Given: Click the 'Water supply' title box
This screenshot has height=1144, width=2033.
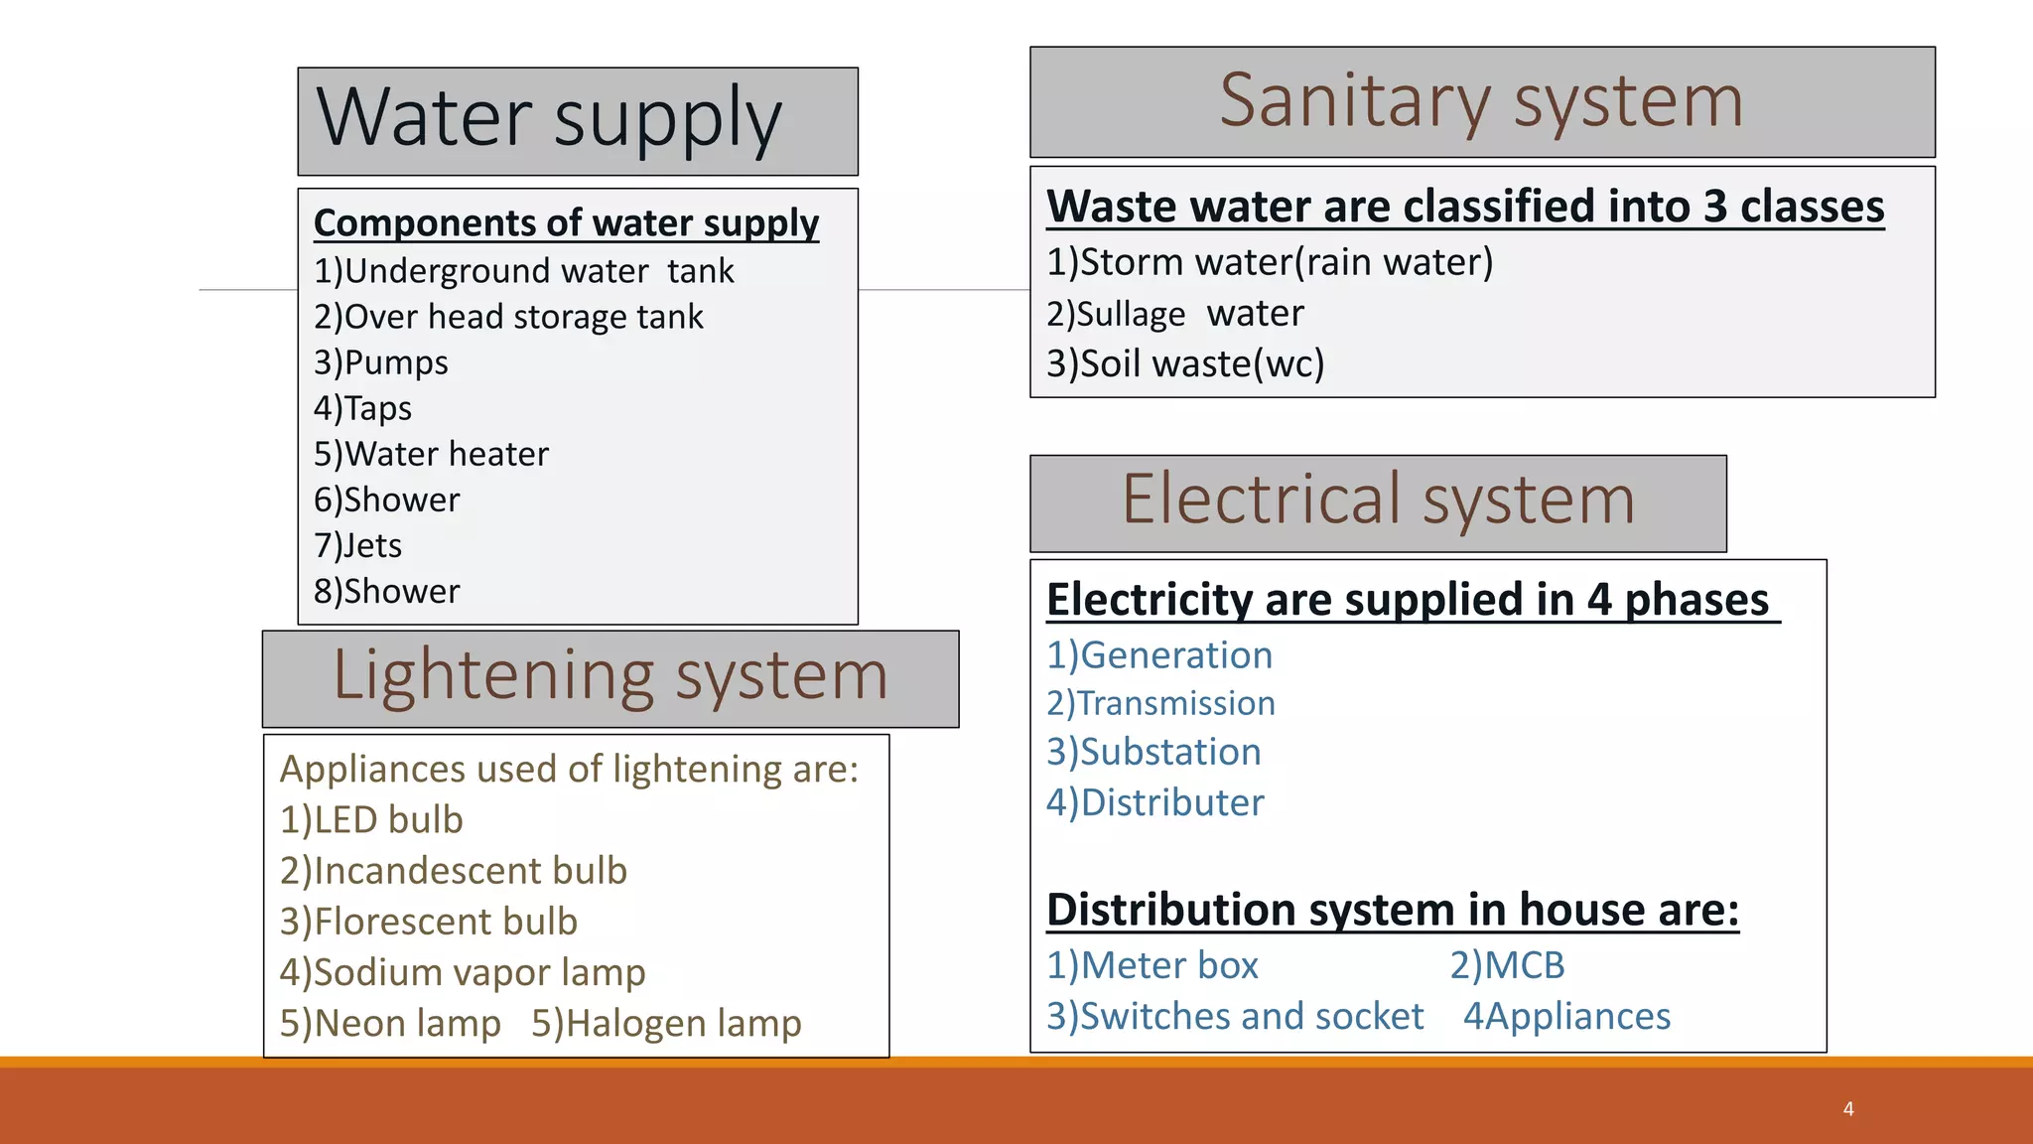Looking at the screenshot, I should coord(578,121).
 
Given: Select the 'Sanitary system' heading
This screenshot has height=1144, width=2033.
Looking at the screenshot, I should coord(1481,101).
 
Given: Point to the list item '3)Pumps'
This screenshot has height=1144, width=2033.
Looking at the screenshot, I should coord(381,362).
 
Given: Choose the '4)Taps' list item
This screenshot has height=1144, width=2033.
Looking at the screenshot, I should coord(362,408).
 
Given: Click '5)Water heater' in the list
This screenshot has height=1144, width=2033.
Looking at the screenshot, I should coord(431,454).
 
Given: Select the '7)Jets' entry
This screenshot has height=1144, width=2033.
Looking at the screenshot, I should coord(357,545).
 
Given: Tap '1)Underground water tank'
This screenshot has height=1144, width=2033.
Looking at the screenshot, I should coord(523,271).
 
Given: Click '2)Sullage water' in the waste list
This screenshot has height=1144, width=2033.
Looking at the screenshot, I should coord(1174,314).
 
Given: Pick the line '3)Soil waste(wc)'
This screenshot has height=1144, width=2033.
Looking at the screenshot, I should coord(1185,364).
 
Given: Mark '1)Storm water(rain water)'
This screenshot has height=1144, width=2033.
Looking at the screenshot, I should coord(1270,262).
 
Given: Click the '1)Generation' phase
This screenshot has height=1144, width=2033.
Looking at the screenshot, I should coord(1159,655).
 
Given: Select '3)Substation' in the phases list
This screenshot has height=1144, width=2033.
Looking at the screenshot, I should coord(1153,752).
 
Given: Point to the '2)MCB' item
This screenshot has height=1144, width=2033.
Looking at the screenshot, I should coord(1507,965).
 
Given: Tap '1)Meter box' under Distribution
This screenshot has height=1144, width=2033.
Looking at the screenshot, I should coord(1152,965).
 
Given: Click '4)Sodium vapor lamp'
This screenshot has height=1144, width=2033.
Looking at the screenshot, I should coord(463,972).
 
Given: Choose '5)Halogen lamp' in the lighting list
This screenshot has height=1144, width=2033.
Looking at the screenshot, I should coord(666,1023).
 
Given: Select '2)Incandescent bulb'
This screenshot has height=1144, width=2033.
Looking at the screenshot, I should coord(454,871).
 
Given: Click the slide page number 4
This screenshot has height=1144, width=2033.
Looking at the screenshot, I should coord(1848,1108).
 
